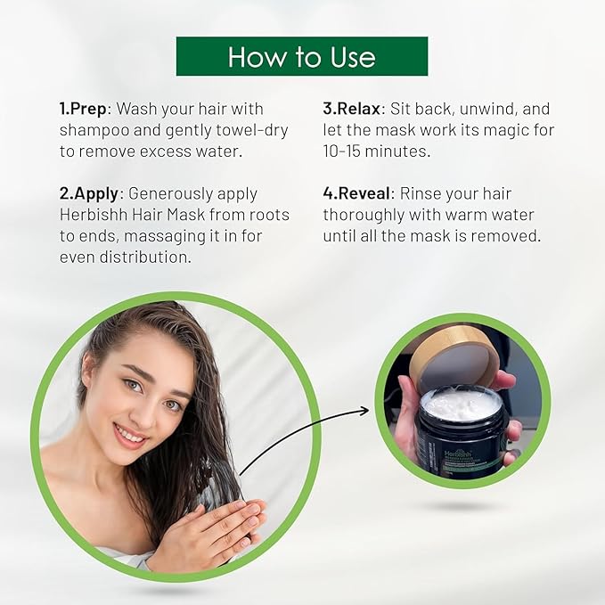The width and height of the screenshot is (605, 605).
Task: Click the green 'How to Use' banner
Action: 302,56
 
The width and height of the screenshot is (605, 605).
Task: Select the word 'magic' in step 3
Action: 481,130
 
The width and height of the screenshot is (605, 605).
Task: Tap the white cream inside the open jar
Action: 462,405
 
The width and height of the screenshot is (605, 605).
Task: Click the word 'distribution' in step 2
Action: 151,258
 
